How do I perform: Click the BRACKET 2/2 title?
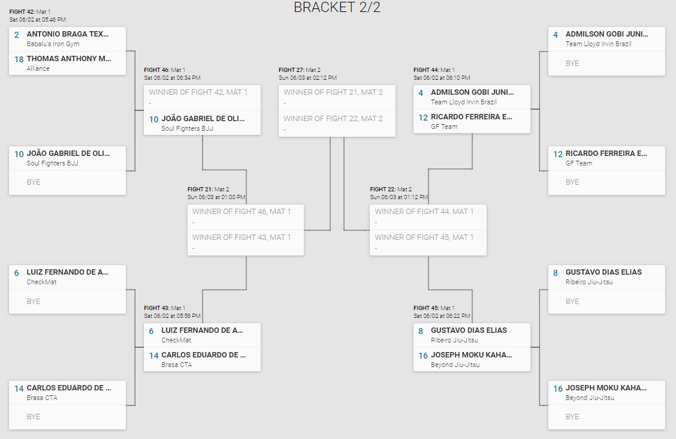click(337, 8)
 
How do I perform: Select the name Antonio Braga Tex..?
click(68, 34)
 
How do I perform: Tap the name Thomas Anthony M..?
click(69, 59)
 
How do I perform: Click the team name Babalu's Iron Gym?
click(53, 44)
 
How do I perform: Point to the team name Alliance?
click(38, 68)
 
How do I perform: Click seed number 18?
click(18, 59)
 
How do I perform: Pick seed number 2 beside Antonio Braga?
click(17, 35)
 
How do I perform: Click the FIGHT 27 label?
click(291, 70)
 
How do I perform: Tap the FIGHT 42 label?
click(22, 12)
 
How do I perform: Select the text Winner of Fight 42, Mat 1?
click(198, 92)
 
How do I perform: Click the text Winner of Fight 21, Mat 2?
click(333, 92)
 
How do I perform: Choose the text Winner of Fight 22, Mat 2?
click(333, 118)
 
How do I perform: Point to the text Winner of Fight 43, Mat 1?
click(242, 237)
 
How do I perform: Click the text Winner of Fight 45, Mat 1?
click(424, 237)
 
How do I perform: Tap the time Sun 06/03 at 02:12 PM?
click(307, 78)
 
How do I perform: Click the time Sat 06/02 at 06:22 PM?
click(442, 316)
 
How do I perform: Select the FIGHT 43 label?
click(156, 308)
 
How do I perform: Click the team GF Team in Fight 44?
click(444, 127)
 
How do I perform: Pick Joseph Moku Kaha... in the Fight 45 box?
click(471, 355)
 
